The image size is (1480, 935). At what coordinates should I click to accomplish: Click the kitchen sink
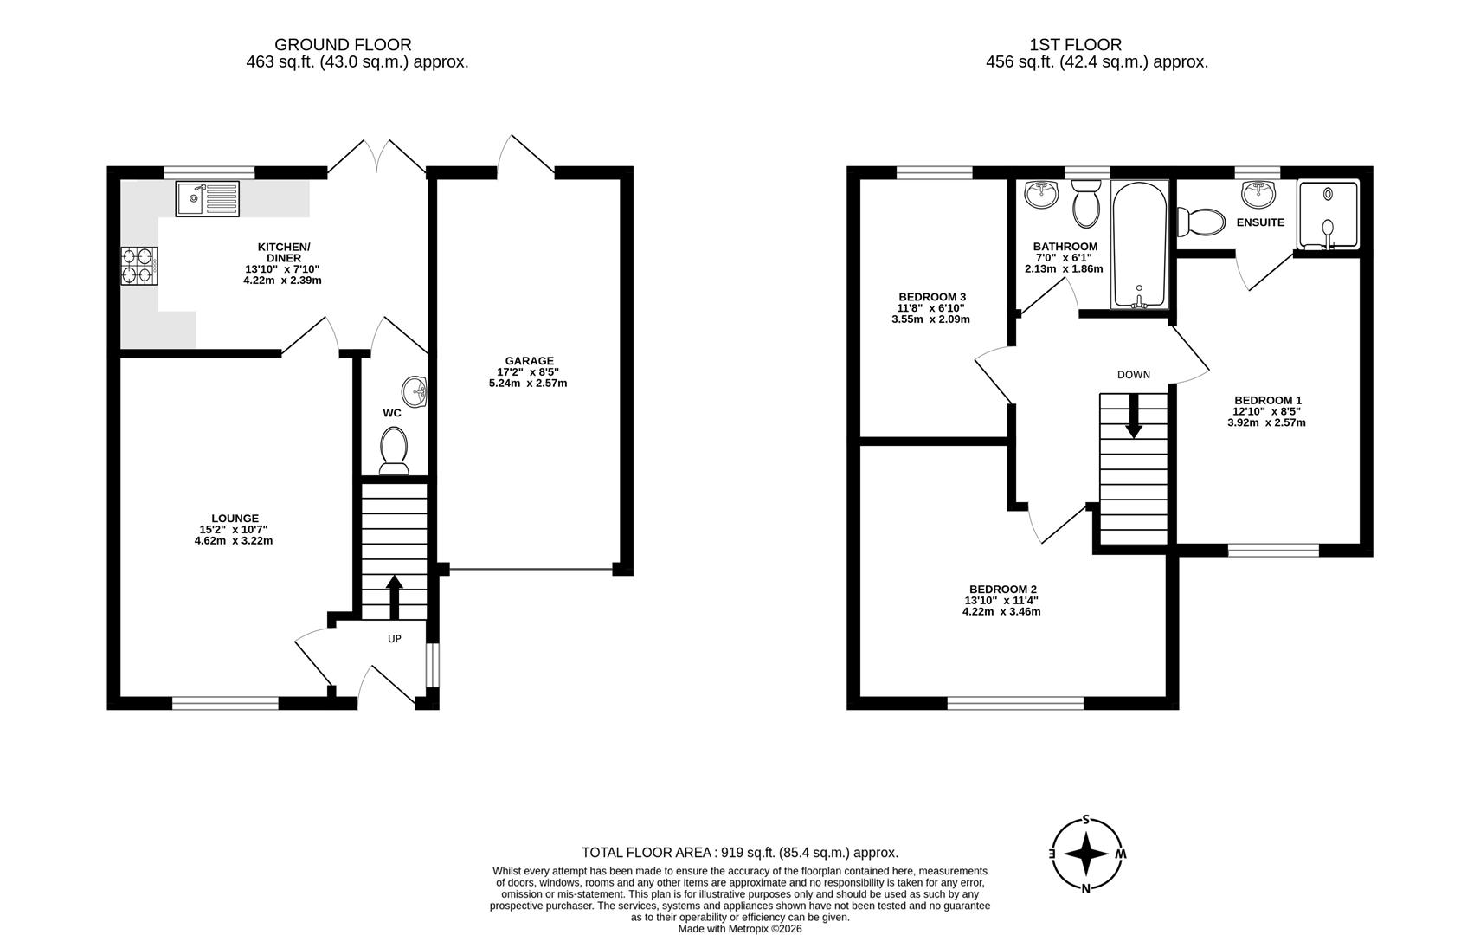[x=208, y=198]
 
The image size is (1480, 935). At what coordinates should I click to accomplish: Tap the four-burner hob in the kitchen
[x=139, y=266]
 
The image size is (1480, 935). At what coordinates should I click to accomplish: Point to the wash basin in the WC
[x=415, y=392]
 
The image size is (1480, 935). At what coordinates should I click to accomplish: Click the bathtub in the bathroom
[x=1139, y=244]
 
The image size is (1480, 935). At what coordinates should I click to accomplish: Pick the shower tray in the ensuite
[x=1328, y=214]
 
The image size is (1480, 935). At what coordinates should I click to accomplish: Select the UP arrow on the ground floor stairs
[x=395, y=596]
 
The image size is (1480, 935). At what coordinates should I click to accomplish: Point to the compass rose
[x=1086, y=854]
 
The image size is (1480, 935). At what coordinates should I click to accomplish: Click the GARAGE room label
[x=529, y=361]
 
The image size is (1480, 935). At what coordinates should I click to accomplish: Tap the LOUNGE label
[x=235, y=519]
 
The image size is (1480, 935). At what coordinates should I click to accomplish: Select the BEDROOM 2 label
[x=1003, y=590]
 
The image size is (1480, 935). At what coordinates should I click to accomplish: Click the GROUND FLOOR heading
[x=343, y=45]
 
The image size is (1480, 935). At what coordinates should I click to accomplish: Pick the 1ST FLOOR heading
[x=1076, y=45]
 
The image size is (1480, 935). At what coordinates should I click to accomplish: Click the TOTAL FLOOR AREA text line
[x=740, y=853]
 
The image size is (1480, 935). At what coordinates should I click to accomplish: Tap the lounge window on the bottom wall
[x=225, y=703]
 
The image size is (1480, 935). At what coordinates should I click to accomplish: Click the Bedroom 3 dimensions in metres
[x=931, y=319]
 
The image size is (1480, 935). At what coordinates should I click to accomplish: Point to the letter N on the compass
[x=1085, y=889]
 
